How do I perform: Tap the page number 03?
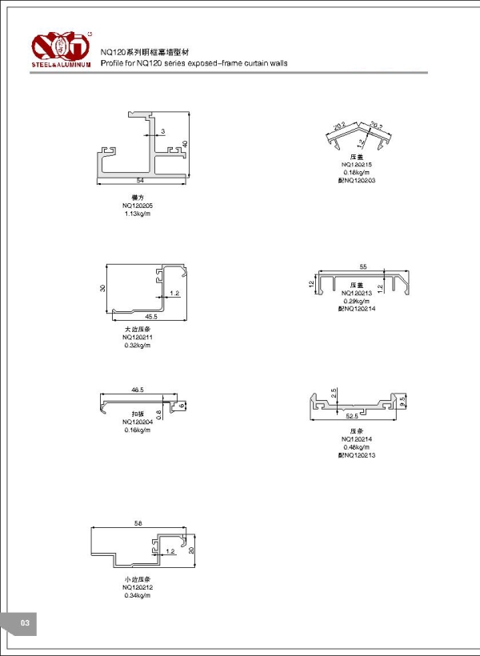[24, 622]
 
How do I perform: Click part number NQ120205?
[138, 206]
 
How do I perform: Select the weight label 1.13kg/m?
[138, 214]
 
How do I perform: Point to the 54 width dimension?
[140, 180]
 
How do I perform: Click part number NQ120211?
[138, 337]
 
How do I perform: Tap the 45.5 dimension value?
[152, 316]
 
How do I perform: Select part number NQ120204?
[138, 422]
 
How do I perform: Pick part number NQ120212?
[138, 587]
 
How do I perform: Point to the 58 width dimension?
[138, 522]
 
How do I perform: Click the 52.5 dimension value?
[351, 415]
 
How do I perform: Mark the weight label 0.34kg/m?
[138, 595]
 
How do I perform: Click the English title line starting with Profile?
[194, 62]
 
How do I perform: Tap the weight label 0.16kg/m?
[138, 430]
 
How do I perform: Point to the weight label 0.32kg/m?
[138, 345]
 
